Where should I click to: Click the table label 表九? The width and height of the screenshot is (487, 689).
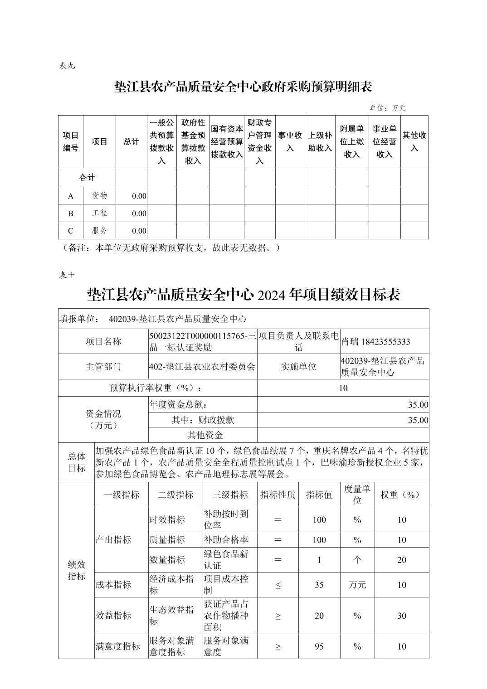pos(67,66)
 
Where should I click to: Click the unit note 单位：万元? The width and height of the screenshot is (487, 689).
pos(388,108)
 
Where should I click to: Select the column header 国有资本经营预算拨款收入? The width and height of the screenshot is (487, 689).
pos(227,141)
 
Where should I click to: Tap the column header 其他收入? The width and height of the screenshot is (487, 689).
pos(414,141)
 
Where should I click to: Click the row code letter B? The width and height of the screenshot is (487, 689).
pos(71,213)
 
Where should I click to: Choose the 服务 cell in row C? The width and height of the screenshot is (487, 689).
pos(99,230)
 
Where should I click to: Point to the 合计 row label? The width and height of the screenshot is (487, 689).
pos(87,177)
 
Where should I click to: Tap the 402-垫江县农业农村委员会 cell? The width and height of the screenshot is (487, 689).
pos(202,366)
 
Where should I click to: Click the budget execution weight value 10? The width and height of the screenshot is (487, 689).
pos(343,388)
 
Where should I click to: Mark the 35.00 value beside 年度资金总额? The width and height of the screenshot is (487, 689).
pos(418,405)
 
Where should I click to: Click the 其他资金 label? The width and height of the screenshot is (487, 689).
pos(205,435)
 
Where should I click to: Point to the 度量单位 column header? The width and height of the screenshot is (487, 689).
pos(357,494)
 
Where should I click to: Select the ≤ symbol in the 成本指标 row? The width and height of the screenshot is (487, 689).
pos(278,585)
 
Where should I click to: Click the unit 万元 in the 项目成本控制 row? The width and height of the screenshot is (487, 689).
pos(357,585)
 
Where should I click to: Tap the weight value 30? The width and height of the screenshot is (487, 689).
pos(402,616)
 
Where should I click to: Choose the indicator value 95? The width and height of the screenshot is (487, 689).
pos(319,646)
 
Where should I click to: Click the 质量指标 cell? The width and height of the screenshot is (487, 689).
pos(167,540)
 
